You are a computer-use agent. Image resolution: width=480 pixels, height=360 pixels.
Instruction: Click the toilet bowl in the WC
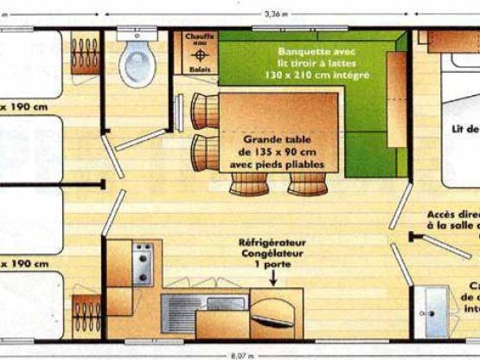[x=137, y=62]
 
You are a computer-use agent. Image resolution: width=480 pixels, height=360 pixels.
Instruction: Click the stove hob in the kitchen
[x=143, y=263]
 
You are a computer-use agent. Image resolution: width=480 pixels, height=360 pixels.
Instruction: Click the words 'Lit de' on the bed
[x=465, y=129]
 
